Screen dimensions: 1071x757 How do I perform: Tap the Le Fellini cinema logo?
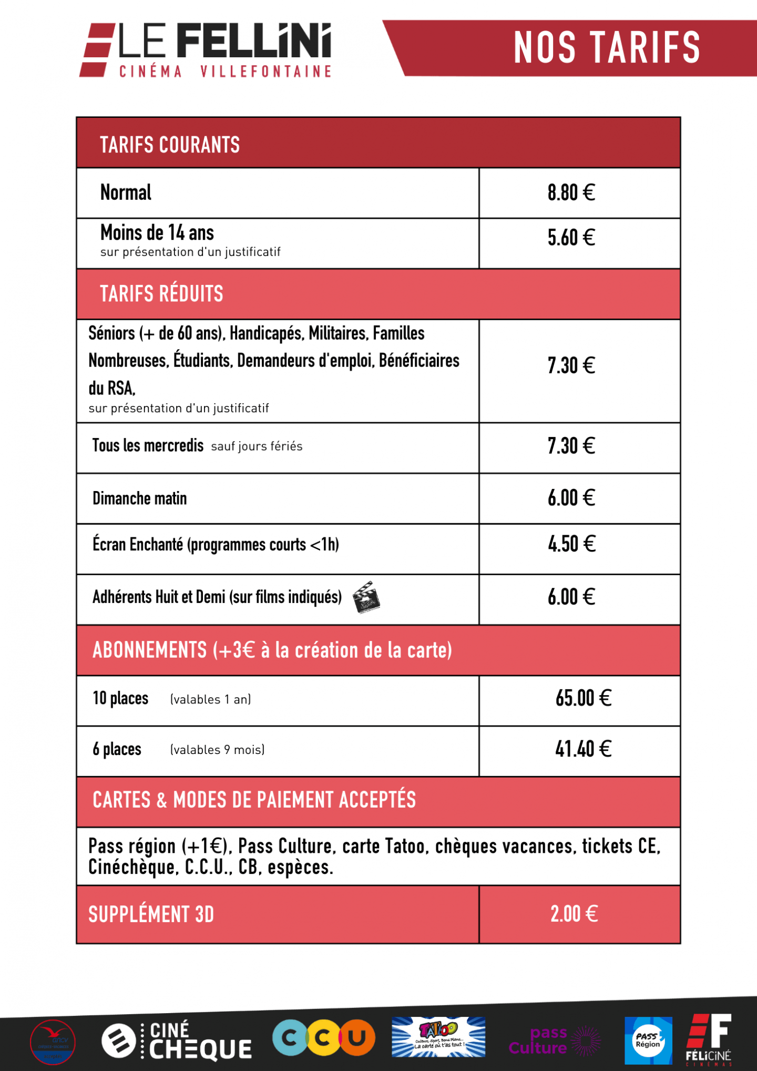pos(206,50)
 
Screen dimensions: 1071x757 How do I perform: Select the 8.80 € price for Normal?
pos(571,193)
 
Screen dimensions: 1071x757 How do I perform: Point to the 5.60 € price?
pos(571,238)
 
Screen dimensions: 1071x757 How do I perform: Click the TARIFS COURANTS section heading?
pos(170,145)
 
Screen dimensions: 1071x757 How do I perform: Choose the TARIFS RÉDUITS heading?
pos(161,294)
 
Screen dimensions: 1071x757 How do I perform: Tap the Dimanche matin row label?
pos(140,498)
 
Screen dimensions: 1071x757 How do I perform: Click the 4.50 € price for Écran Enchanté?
pos(571,544)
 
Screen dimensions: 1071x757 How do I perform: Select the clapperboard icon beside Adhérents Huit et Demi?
pos(366,597)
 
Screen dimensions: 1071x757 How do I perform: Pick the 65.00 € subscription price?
pos(583,698)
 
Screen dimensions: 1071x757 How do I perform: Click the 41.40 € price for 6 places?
pos(583,749)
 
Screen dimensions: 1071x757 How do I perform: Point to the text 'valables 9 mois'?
pos(217,750)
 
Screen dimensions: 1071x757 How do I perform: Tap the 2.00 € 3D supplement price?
pos(574,914)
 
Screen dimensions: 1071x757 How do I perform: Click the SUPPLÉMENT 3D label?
pos(151,915)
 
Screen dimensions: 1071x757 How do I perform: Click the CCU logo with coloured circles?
pos(324,1038)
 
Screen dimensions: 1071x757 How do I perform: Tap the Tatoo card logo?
pos(438,1036)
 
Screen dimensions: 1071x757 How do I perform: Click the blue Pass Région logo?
pos(648,1041)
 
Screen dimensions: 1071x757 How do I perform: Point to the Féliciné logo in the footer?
pos(709,1039)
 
